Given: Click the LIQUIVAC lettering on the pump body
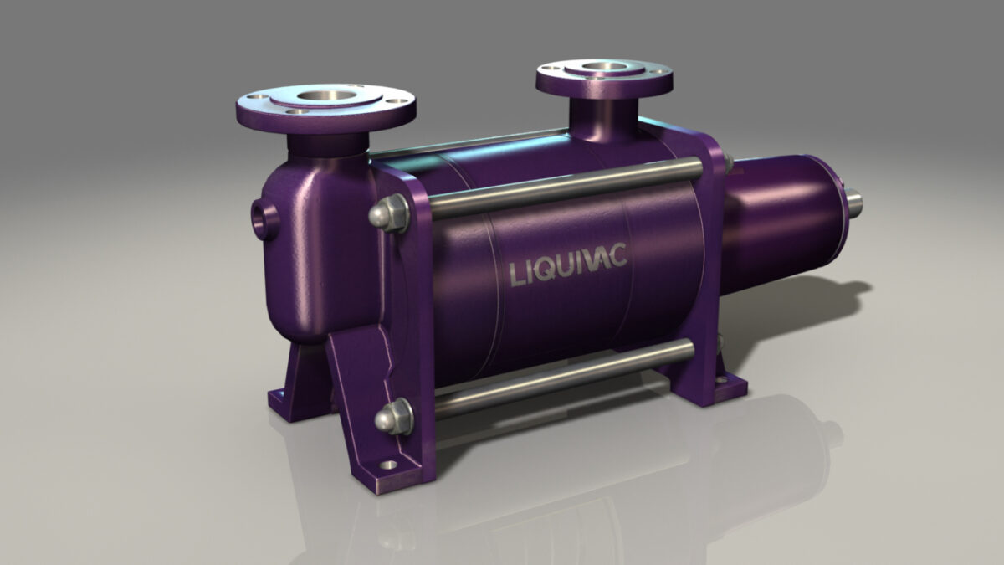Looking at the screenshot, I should pyautogui.click(x=568, y=270).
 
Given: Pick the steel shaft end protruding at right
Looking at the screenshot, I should pyautogui.click(x=853, y=202).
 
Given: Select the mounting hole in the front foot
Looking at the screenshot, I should pyautogui.click(x=387, y=465).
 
